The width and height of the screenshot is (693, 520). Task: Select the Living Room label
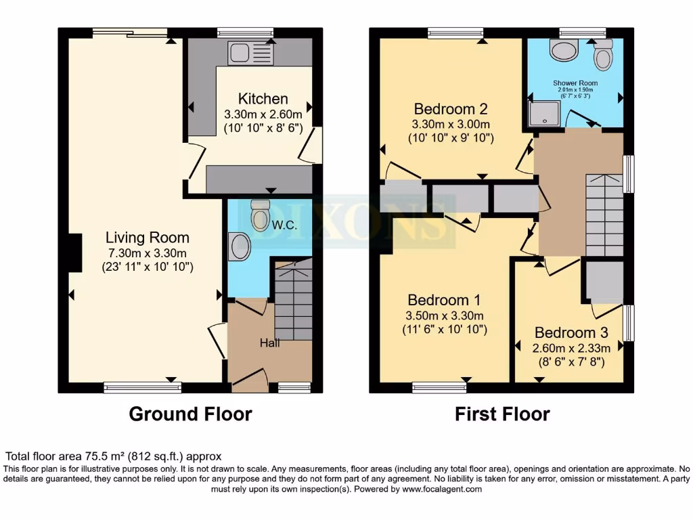click(147, 238)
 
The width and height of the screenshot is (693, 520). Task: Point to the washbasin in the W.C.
click(239, 246)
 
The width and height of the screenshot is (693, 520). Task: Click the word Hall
click(270, 343)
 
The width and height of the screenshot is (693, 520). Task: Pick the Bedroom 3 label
click(571, 332)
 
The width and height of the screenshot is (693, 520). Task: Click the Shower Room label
click(575, 83)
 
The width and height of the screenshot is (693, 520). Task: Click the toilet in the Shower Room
click(602, 56)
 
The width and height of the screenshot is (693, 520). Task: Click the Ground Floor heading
click(190, 414)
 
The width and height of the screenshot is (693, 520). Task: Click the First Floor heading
click(502, 414)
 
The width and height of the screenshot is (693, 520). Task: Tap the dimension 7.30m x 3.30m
click(147, 253)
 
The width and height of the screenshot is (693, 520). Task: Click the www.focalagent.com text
click(441, 489)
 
